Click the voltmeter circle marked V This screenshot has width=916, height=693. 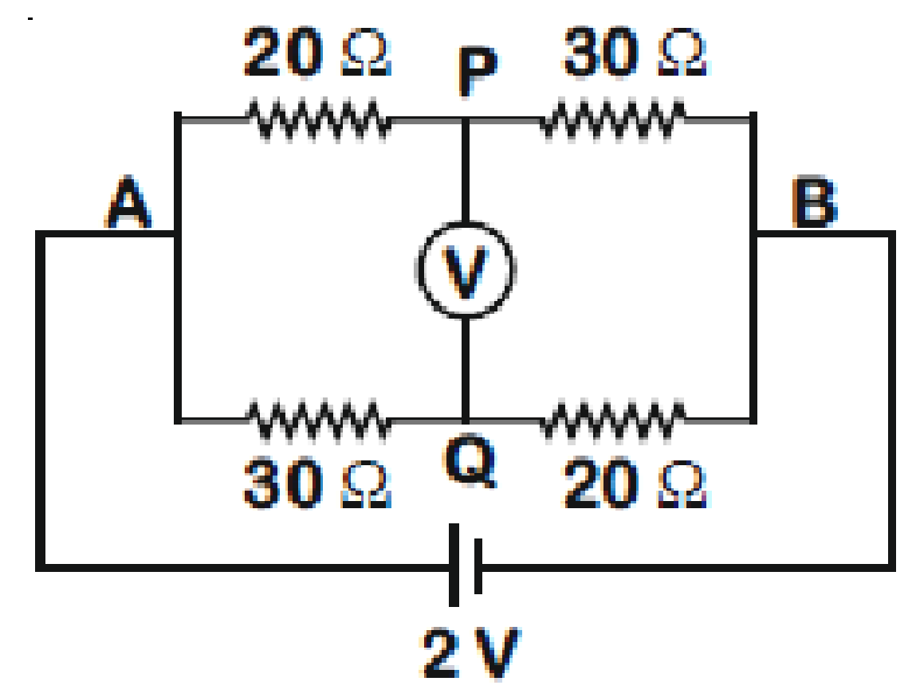point(466,222)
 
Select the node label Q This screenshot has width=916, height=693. point(471,462)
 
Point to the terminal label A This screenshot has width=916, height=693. point(129,202)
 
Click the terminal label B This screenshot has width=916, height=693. point(814,202)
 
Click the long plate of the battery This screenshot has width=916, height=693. point(454,565)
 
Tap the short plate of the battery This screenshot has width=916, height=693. point(478,566)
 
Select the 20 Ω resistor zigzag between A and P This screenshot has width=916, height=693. point(319,121)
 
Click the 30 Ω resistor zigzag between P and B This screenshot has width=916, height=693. point(612,121)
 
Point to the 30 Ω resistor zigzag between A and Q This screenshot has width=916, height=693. point(319,419)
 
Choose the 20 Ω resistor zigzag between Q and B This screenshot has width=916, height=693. point(612,419)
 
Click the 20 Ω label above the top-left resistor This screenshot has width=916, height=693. point(317,51)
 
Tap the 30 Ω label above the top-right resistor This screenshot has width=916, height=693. point(635,51)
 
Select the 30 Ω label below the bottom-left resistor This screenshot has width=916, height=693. point(317,483)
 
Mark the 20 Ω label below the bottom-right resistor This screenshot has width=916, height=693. point(635,483)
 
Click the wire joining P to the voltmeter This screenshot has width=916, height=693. point(466,170)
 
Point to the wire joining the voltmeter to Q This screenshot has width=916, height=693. point(466,369)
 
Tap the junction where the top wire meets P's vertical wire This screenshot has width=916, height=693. point(466,121)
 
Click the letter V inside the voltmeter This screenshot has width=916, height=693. point(466,272)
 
